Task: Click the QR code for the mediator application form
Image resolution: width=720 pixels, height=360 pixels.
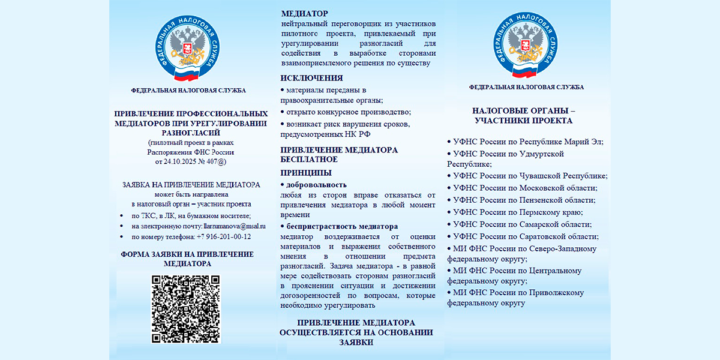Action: pyautogui.click(x=185, y=309)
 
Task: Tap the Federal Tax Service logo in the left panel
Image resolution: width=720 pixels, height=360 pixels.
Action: pyautogui.click(x=188, y=51)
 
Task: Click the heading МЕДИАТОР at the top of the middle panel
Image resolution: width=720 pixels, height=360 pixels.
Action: pyautogui.click(x=305, y=13)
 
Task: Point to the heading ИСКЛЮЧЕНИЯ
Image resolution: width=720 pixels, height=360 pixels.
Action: pyautogui.click(x=312, y=78)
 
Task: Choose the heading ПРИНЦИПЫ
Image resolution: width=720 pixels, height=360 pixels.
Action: pyautogui.click(x=305, y=172)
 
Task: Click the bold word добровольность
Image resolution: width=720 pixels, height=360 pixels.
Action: pyautogui.click(x=316, y=185)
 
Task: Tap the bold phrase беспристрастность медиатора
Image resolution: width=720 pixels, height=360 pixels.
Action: pyautogui.click(x=342, y=226)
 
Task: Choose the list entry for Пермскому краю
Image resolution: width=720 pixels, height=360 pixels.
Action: pyautogui.click(x=518, y=212)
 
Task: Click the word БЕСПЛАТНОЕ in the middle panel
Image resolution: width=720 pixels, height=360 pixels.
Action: pyautogui.click(x=309, y=160)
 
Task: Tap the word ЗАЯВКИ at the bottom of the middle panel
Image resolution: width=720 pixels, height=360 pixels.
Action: pyautogui.click(x=356, y=343)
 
